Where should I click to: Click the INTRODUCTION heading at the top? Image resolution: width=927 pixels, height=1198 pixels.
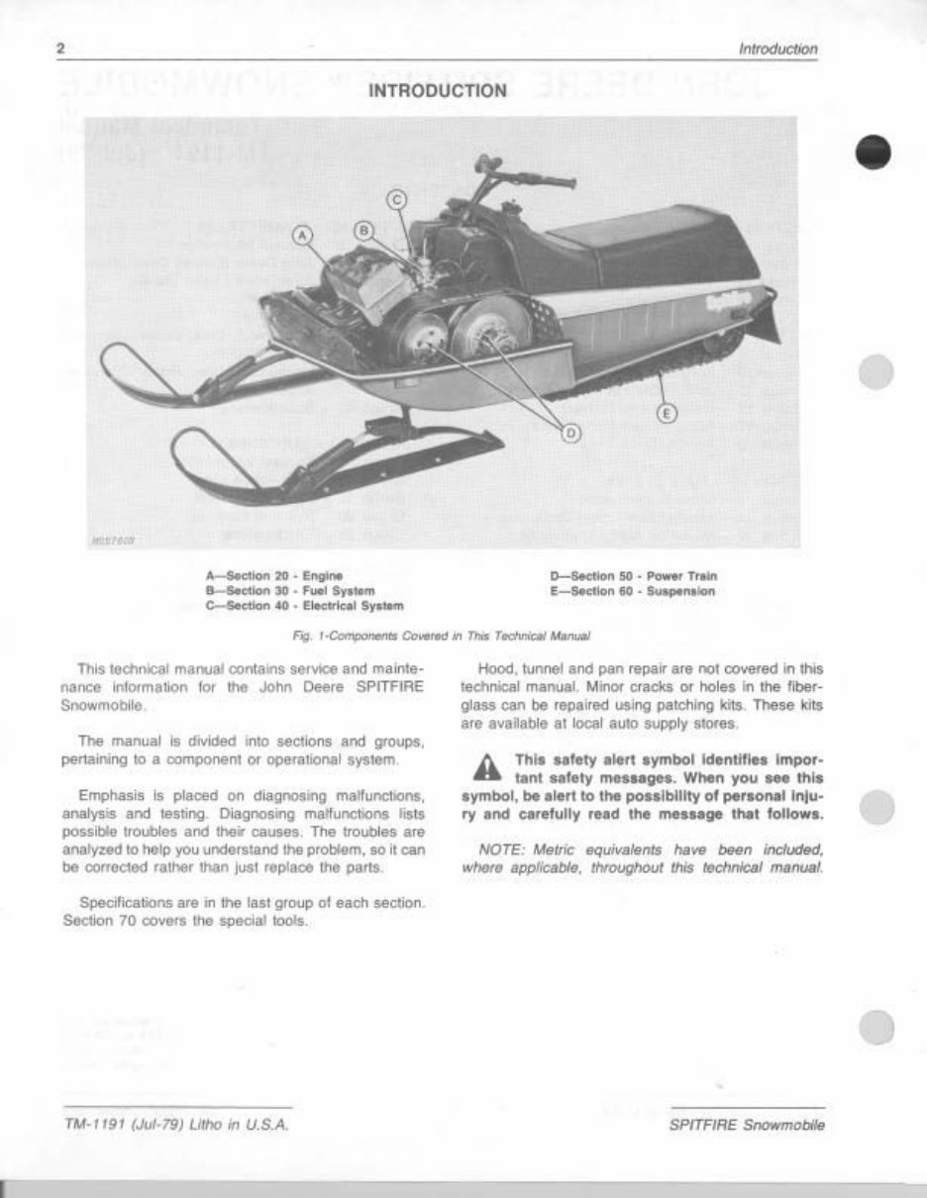tap(438, 92)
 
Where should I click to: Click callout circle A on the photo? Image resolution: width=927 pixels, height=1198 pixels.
tap(304, 236)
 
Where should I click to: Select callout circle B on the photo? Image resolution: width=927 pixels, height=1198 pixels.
tap(363, 230)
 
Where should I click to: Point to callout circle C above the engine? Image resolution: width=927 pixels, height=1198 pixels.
tap(395, 200)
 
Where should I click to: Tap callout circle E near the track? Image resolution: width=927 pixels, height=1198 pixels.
tap(668, 413)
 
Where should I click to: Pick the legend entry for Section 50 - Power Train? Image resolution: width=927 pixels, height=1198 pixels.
tap(633, 575)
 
